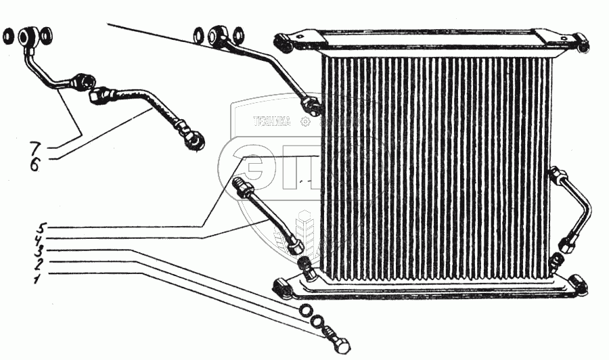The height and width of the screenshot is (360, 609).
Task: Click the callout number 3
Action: (x=42, y=250)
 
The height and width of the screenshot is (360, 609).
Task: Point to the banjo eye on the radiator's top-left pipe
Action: (x=221, y=33)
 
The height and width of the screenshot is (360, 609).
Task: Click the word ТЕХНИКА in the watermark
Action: (x=271, y=122)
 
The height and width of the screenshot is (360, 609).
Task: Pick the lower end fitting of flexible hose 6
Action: (x=193, y=139)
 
